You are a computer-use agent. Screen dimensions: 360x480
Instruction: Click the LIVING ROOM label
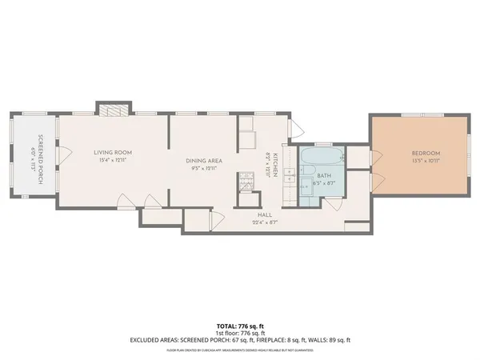(112, 152)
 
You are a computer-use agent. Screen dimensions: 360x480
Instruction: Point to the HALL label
(265, 214)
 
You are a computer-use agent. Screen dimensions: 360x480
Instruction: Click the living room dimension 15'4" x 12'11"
(112, 160)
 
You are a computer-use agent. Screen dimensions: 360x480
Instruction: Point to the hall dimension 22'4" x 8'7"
(265, 222)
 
